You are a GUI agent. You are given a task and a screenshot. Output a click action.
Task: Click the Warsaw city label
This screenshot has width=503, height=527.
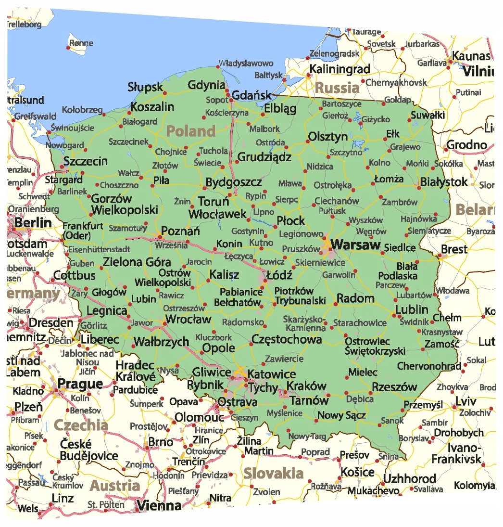(x=356, y=244)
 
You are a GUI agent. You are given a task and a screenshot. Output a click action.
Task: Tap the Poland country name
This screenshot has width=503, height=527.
(x=191, y=131)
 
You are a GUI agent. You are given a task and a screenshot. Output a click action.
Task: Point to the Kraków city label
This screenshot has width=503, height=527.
(x=306, y=386)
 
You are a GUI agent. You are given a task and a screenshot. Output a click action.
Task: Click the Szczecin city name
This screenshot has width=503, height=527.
(x=86, y=161)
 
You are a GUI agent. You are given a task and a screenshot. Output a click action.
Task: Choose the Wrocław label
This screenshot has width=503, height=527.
(x=188, y=319)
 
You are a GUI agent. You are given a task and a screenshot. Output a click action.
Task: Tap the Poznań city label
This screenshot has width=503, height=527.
(x=180, y=231)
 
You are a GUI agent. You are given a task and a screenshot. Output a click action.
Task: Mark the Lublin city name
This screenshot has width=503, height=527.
(x=412, y=309)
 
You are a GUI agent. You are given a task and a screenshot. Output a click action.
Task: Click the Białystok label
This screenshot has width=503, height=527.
(x=443, y=182)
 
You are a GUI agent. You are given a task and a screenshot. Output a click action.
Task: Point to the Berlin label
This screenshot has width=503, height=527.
(x=33, y=223)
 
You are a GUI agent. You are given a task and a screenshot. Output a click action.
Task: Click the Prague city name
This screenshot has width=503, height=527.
(x=80, y=384)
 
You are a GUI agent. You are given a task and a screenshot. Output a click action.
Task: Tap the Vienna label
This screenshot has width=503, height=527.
(x=159, y=505)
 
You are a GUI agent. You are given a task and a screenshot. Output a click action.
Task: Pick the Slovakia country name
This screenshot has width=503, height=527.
(x=273, y=473)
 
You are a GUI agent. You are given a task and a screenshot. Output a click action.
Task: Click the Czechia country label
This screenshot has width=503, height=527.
(x=80, y=425)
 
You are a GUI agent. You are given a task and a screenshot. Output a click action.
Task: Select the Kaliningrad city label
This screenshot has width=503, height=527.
(x=340, y=69)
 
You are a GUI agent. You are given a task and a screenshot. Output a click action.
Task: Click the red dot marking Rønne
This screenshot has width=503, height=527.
(x=68, y=47)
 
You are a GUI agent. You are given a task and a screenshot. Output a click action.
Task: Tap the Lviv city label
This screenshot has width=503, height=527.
(x=466, y=402)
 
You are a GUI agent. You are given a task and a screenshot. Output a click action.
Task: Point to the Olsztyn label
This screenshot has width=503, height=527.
(x=327, y=137)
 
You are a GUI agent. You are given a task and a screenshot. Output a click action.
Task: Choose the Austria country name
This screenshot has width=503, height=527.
(x=115, y=485)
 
